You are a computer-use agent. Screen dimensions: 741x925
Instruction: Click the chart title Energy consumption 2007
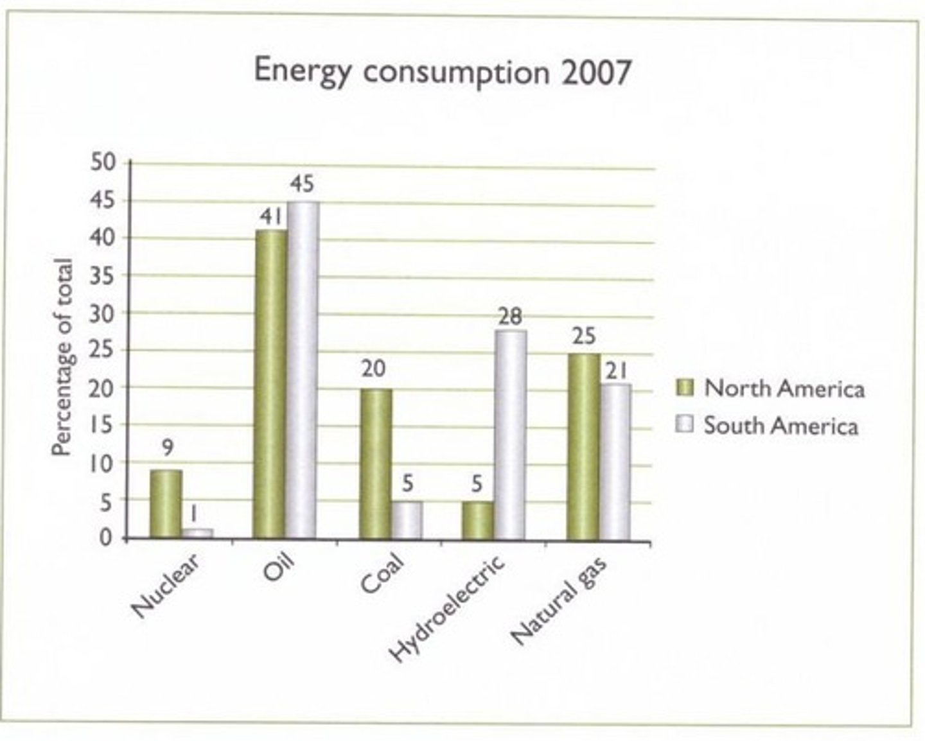442,71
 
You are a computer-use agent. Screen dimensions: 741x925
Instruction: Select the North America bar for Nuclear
166,504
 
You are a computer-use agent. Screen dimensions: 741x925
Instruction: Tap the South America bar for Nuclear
198,533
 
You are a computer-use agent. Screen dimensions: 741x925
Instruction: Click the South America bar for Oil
302,370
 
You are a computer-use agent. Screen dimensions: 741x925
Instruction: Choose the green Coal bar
376,463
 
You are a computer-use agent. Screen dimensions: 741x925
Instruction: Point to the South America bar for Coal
407,519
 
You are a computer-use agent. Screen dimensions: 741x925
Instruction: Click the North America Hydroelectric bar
478,519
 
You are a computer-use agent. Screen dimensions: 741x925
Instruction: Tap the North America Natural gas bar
583,446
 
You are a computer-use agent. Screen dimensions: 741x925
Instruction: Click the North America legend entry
771,388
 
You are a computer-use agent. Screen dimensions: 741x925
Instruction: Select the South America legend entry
768,426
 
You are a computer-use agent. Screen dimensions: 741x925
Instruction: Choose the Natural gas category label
559,600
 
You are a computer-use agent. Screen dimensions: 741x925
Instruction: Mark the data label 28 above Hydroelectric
510,317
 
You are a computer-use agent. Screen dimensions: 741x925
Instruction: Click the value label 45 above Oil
302,184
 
